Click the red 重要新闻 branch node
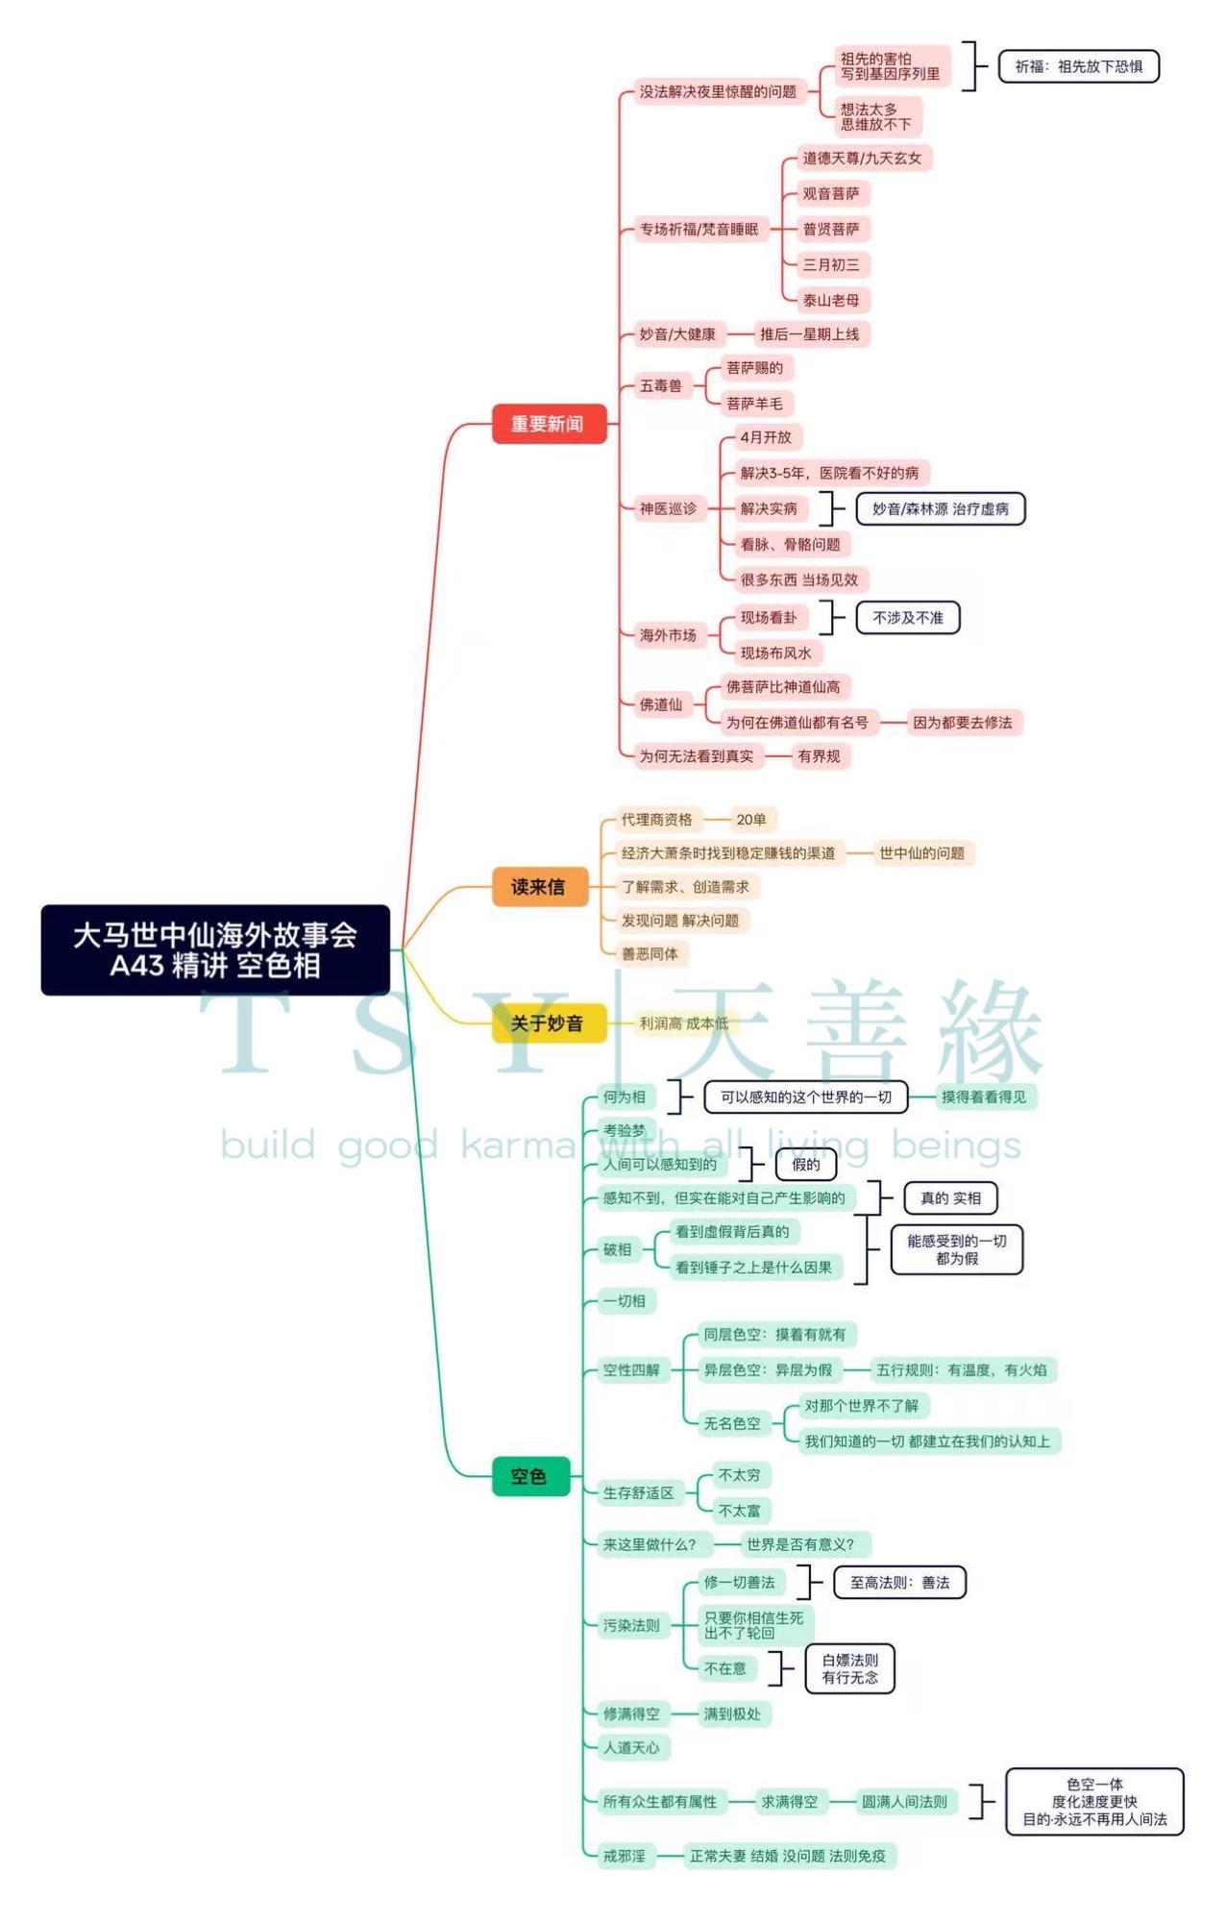549,424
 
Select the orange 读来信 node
539,886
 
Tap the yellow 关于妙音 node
548,1023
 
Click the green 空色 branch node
529,1476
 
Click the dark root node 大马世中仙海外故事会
215,949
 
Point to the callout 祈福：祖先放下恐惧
1078,66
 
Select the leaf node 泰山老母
831,300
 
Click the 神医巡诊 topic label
668,508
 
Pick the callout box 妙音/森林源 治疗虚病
940,508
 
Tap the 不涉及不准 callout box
907,617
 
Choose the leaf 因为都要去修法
962,722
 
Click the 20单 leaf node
751,819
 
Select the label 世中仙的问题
921,852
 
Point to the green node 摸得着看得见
983,1097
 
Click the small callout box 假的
805,1164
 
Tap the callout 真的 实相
950,1197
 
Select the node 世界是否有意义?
800,1543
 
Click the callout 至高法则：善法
899,1582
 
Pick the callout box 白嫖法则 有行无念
849,1668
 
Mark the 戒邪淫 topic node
624,1855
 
